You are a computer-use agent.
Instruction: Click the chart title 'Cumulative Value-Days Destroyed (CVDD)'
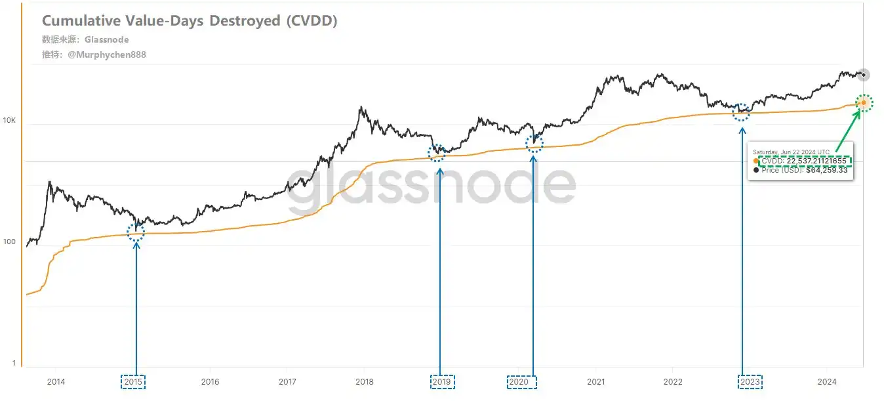click(190, 21)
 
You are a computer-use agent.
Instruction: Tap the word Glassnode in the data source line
click(107, 40)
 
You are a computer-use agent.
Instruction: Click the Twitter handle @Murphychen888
click(107, 55)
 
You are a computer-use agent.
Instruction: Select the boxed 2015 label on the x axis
click(133, 382)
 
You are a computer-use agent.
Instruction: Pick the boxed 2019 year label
click(442, 382)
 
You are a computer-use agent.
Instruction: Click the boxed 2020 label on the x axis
click(522, 382)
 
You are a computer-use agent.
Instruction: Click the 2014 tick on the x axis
click(56, 381)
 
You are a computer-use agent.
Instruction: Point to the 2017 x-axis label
click(287, 381)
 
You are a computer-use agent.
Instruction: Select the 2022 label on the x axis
click(673, 381)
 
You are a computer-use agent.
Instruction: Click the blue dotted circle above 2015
click(136, 232)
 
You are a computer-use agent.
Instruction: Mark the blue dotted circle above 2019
click(437, 154)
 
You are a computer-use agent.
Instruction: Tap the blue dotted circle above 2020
click(534, 143)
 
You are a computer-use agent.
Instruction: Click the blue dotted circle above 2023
click(742, 112)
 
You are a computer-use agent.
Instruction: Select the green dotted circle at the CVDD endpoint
click(864, 102)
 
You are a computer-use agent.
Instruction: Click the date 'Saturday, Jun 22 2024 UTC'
click(790, 152)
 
